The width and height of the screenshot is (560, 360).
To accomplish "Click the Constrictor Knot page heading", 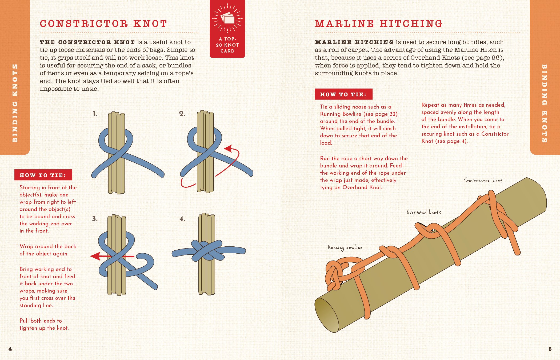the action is point(103,24).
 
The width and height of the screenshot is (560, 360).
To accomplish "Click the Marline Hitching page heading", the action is point(379,24).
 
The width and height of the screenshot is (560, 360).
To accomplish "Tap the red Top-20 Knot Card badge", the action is point(227,29).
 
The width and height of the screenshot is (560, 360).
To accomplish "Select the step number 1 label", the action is point(95,114).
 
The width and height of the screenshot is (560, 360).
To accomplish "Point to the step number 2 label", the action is point(182,114).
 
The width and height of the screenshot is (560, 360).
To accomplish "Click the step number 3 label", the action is point(95,219).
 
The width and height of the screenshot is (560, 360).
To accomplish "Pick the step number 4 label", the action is point(182,219).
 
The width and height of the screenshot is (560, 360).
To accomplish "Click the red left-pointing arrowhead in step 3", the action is point(95,256).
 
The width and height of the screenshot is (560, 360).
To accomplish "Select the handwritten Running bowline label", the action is point(345,248).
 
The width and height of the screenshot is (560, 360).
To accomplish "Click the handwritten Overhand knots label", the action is point(424,212).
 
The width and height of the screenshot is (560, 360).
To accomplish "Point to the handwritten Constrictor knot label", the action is point(483,181).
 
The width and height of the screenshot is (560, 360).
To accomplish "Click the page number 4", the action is point(10,349).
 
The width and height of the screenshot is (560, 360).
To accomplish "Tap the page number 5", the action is point(550,349).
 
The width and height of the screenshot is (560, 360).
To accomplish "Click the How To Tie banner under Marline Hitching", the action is point(343,94).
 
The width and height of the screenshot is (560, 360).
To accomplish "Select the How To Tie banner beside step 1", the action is point(43,175).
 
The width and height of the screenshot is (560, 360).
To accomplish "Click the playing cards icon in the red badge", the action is point(227,18).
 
